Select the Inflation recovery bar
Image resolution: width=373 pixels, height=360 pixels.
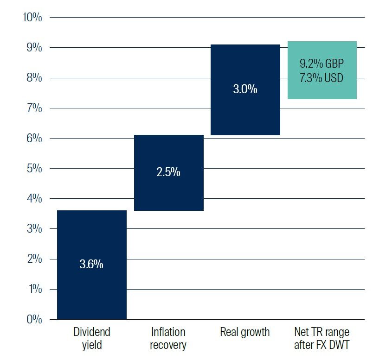168,195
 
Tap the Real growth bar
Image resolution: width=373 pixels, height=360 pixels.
245,111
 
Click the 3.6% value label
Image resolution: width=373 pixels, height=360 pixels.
91,265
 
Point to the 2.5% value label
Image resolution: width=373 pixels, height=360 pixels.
168,172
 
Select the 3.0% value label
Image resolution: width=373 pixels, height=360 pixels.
245,89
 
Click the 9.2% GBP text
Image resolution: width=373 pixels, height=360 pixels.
322,63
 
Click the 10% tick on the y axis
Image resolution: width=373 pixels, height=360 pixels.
32,18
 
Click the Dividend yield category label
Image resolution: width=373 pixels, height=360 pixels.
92,338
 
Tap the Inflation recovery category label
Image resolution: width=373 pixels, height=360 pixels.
168,338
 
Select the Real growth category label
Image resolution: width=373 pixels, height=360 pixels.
245,332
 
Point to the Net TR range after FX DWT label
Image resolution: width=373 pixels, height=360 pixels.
322,338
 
